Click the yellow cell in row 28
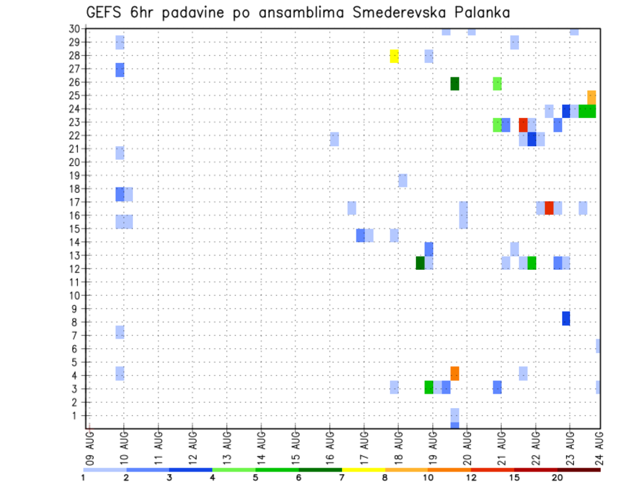point(394,56)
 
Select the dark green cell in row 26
point(455,84)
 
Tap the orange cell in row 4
point(455,373)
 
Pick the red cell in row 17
point(549,208)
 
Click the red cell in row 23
point(524,124)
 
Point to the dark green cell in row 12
point(421,263)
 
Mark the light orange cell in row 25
point(592,97)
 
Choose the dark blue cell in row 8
point(566,318)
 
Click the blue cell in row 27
point(120,70)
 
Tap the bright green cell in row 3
point(429,387)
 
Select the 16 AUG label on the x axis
point(330,445)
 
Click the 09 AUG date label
point(90,445)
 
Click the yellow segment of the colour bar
point(364,470)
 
